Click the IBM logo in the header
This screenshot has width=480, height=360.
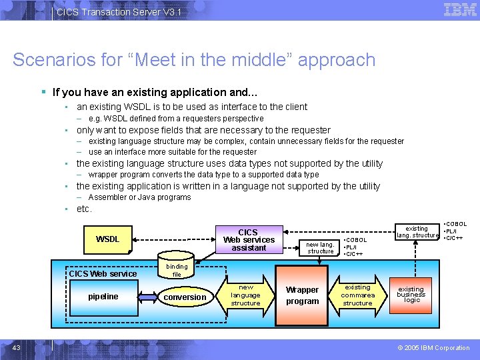point(460,10)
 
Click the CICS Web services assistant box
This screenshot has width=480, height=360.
point(249,240)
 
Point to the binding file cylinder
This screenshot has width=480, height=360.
point(177,269)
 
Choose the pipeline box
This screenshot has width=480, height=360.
point(103,297)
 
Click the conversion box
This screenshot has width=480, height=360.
point(185,297)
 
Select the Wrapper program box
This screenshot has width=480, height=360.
point(302,295)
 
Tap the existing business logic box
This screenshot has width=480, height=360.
point(411,295)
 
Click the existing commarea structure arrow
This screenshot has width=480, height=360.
point(357,295)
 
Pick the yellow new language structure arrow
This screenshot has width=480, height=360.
point(246,295)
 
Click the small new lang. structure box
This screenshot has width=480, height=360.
point(320,247)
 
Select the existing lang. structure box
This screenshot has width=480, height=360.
point(417,231)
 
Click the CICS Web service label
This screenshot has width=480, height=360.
point(103,273)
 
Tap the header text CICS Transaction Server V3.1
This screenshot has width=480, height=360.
point(119,12)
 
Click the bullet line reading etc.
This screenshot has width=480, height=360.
point(84,209)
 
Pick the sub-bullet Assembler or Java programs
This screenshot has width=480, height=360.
point(139,197)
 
